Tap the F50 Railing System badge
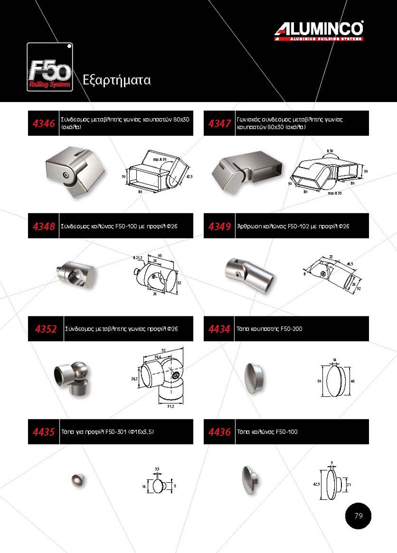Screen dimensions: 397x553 (x=50, y=67)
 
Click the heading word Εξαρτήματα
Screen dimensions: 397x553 (x=117, y=80)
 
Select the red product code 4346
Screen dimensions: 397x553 (x=44, y=123)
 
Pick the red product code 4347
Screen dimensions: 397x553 (x=219, y=123)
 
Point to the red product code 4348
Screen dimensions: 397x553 (x=44, y=226)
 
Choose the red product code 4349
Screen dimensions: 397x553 (x=219, y=226)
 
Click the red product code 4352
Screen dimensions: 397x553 (x=46, y=329)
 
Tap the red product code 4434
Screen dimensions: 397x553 (x=219, y=329)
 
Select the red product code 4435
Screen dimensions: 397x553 (x=44, y=432)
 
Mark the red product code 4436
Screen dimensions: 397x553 (x=219, y=432)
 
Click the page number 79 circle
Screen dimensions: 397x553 (x=358, y=516)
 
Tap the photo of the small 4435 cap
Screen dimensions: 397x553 (x=78, y=480)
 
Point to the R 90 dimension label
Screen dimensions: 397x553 (x=330, y=151)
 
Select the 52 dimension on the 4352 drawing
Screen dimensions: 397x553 (x=163, y=350)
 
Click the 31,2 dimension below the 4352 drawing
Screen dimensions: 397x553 (x=171, y=407)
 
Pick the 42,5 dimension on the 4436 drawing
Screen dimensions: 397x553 (x=317, y=484)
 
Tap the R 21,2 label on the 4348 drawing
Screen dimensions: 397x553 (x=138, y=258)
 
